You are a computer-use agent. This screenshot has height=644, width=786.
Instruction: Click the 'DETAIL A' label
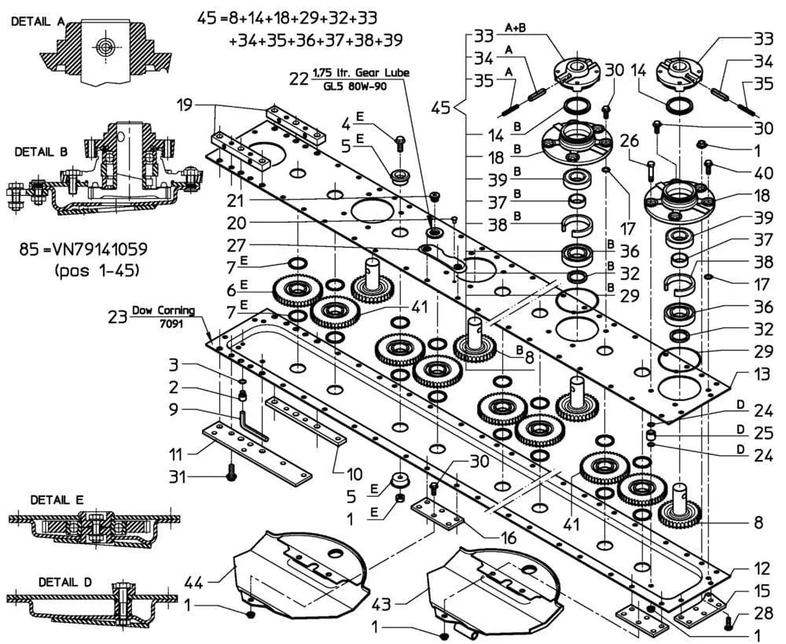pos(37,23)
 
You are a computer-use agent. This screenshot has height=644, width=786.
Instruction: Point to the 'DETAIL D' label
pos(66,583)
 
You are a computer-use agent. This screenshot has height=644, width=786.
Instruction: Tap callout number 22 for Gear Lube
pos(299,79)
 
